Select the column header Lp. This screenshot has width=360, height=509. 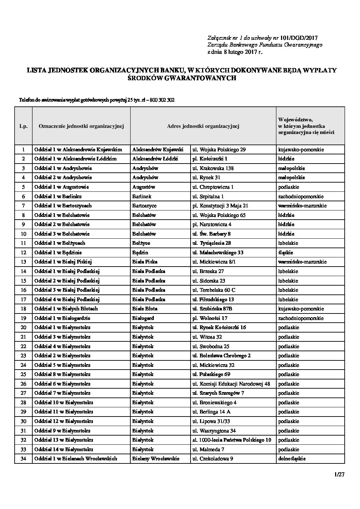tap(23, 126)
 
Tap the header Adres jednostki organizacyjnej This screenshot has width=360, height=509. tap(203, 126)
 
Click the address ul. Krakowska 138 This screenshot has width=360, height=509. tap(213, 168)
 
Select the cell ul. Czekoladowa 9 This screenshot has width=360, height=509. tap(213, 459)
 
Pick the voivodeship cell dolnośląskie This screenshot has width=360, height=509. tap(292, 459)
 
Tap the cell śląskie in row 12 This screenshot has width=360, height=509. tap(285, 253)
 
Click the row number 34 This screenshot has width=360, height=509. tap(23, 459)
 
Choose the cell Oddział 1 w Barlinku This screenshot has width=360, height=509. tap(58, 197)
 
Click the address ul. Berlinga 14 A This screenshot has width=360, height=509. tap(211, 412)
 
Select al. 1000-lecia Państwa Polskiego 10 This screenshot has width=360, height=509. tap(232, 440)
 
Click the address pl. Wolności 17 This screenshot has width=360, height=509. tap(210, 318)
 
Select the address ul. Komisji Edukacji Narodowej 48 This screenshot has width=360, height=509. tap(231, 384)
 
